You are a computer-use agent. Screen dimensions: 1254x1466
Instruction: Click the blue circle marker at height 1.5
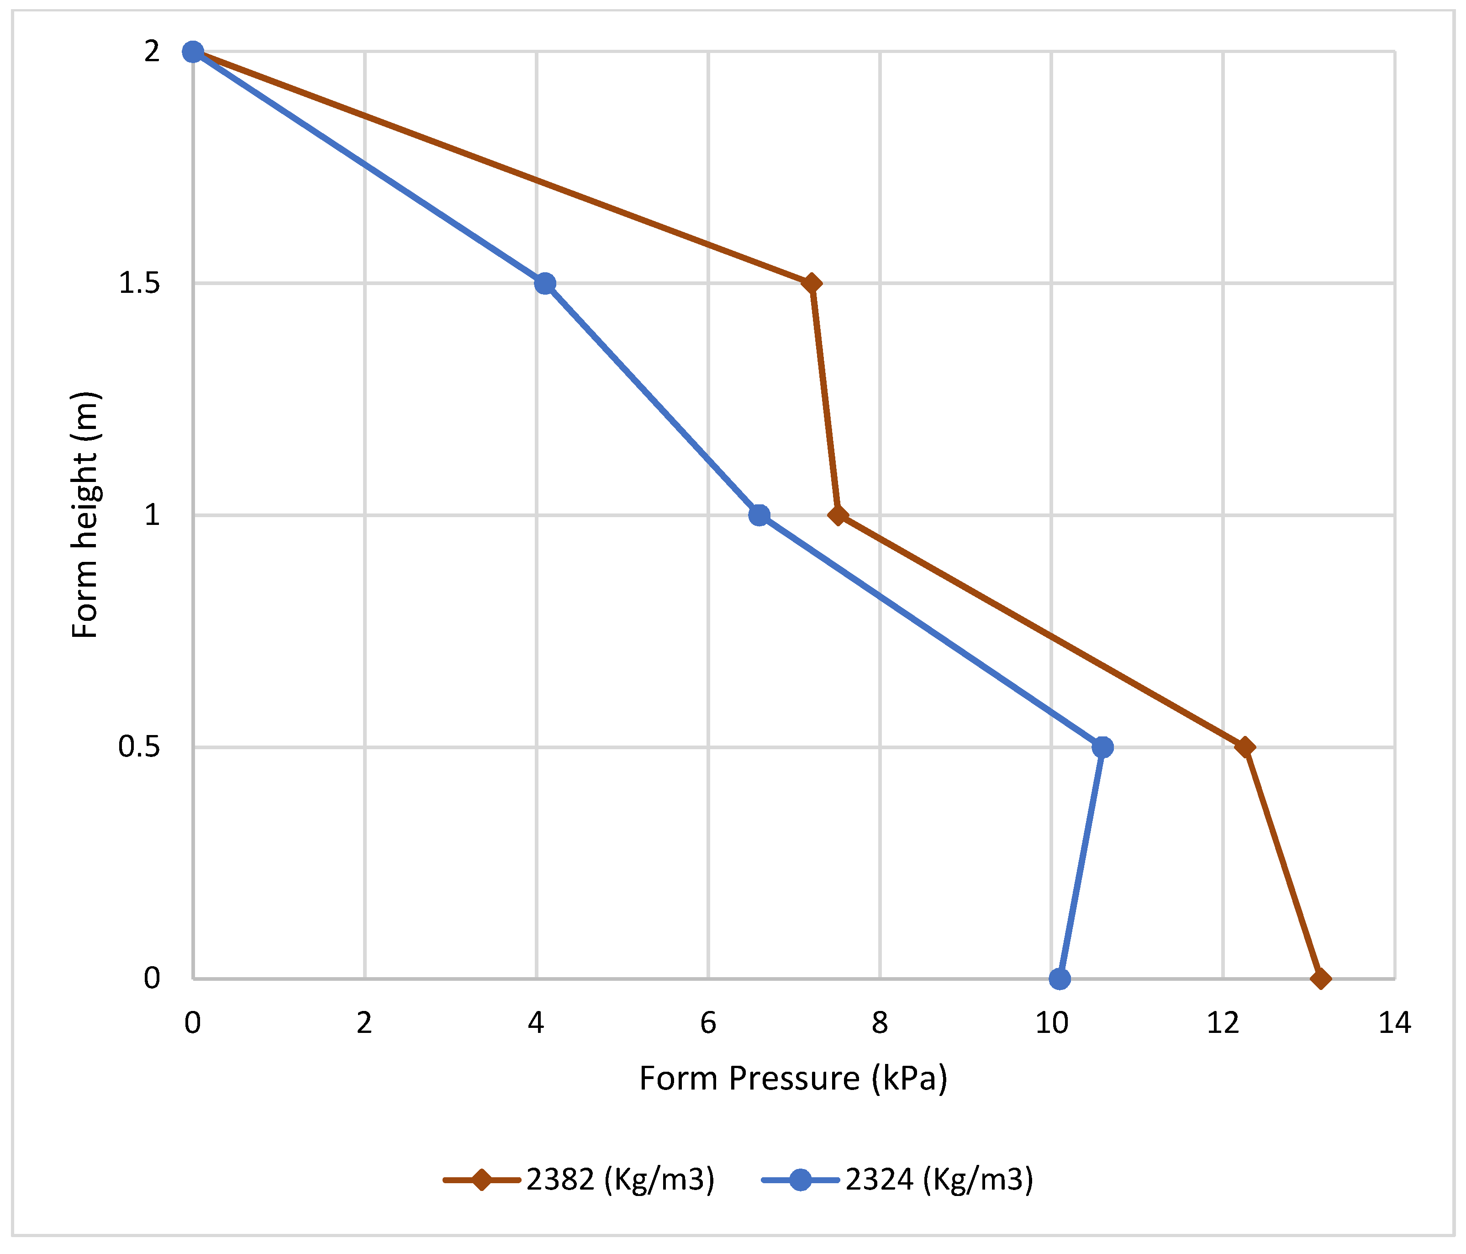544,284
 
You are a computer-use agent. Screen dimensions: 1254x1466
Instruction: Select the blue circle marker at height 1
759,515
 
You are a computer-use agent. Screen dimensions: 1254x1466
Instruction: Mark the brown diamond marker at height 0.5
1245,747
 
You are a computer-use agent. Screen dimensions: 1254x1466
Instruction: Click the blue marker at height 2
192,52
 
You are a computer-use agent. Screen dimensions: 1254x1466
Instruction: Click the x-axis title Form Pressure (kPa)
793,1079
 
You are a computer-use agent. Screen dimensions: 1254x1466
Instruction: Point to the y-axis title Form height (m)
85,515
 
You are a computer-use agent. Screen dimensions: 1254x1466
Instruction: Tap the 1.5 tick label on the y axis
139,284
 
